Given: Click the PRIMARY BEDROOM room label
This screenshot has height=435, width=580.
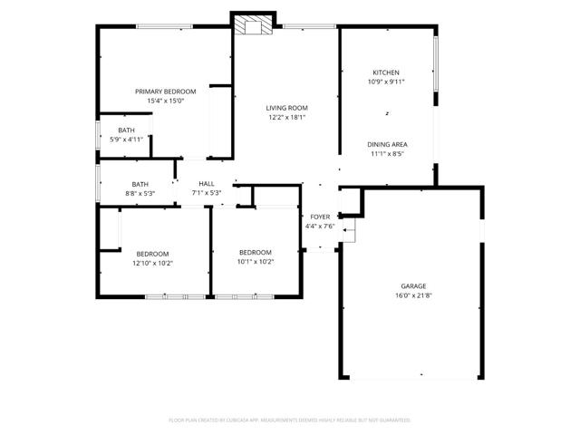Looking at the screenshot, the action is point(165,92).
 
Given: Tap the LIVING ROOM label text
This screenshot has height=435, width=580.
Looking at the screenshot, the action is point(286,108).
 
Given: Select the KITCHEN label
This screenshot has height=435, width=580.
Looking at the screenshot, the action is point(386,72).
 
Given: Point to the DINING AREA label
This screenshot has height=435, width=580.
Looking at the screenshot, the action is point(387,145).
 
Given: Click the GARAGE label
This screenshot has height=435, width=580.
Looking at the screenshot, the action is point(413,286).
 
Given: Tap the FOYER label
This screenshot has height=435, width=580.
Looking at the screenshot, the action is point(320,217).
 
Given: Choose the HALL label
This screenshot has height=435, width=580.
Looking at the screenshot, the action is point(207,183).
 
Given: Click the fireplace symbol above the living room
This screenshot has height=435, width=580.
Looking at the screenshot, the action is point(254,24).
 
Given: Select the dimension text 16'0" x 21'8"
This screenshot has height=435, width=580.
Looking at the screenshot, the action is point(413,295).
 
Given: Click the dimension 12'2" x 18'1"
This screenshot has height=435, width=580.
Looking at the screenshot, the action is point(287,118).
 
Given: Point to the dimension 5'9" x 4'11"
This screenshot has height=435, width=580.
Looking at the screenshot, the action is point(127,140).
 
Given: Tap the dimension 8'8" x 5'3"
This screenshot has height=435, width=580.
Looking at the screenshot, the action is point(140,193).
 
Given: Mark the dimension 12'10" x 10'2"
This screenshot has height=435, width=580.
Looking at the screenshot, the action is point(153,264).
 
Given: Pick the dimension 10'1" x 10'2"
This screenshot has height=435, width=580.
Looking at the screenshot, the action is point(256,262).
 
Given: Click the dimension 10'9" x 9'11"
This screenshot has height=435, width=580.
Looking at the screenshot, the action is point(386,82).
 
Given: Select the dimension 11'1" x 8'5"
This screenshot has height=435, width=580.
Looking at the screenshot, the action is point(387,154).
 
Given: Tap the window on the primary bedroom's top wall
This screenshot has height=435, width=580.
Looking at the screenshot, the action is point(164,26).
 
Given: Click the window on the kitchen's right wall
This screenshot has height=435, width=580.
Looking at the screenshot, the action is point(436,63).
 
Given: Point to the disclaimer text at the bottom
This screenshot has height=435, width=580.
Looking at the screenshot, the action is point(290,420).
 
